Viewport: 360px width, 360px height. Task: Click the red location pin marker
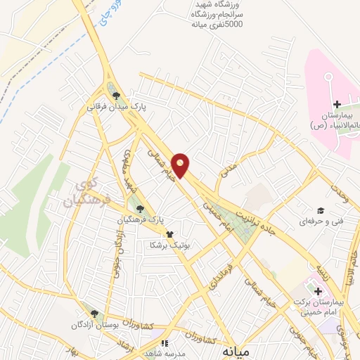pyautogui.click(x=181, y=165)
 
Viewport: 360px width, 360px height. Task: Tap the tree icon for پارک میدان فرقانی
pyautogui.click(x=117, y=97)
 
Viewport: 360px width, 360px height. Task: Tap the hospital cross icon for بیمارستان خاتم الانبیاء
pyautogui.click(x=337, y=104)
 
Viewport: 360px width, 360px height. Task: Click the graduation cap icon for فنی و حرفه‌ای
pyautogui.click(x=320, y=210)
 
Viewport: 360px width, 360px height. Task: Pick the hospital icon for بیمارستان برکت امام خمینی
pyautogui.click(x=316, y=290)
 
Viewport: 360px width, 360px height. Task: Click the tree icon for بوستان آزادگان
pyautogui.click(x=94, y=314)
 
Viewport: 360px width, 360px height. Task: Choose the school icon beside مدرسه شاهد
pyautogui.click(x=165, y=343)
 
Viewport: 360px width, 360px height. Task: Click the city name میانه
pyautogui.click(x=235, y=349)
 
